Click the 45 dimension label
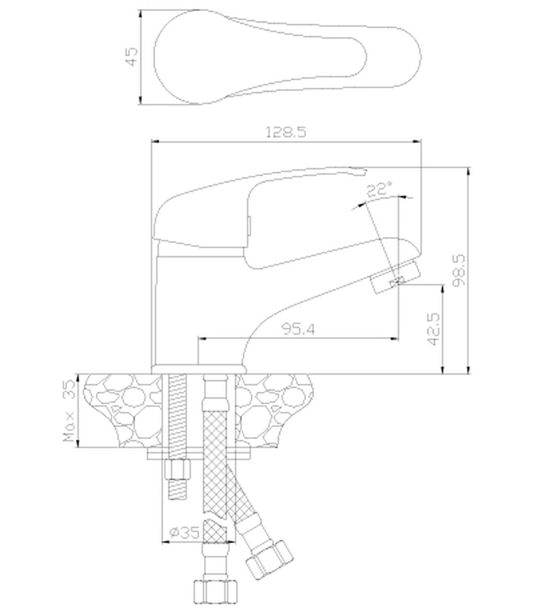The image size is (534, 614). point(133,56)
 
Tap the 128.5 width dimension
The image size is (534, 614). point(286,132)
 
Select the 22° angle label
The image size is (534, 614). point(379,189)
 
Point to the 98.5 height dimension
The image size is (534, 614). point(459,270)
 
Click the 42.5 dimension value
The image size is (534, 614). point(434,329)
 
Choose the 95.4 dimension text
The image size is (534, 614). point(299,329)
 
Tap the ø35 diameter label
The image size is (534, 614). point(184,532)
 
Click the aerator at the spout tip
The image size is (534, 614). point(395,276)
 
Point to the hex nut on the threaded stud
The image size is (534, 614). point(178,470)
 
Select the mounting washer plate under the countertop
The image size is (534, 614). point(199,454)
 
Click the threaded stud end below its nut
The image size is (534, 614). point(178,489)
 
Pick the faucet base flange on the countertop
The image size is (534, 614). point(199,369)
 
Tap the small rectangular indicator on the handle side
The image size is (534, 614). point(248,226)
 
